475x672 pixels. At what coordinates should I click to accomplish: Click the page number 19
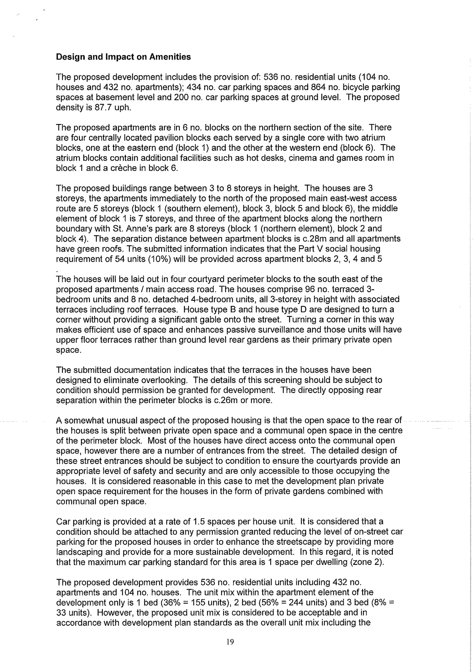click(x=230, y=642)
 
